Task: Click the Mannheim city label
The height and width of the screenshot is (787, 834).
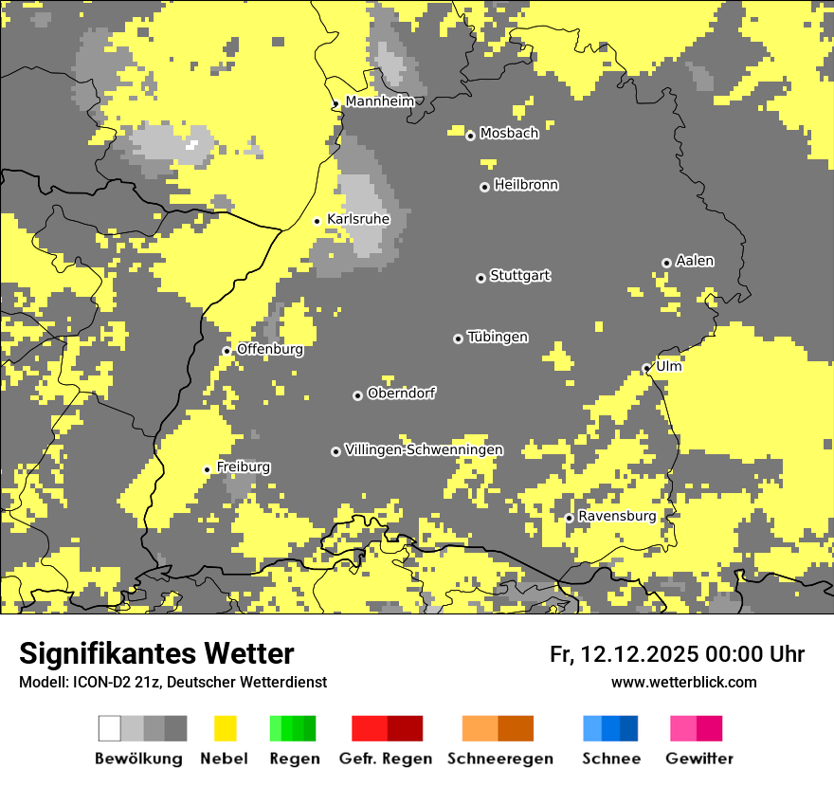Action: pyautogui.click(x=379, y=101)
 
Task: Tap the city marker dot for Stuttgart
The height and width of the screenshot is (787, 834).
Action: pyautogui.click(x=480, y=278)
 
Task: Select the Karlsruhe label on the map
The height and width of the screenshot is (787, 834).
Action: pyautogui.click(x=358, y=219)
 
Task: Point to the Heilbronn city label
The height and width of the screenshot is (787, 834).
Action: pyautogui.click(x=526, y=185)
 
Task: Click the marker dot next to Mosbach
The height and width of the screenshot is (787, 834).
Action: pyautogui.click(x=470, y=136)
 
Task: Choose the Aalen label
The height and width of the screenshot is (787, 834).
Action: pyautogui.click(x=695, y=261)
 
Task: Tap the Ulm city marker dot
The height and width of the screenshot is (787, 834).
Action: pyautogui.click(x=646, y=368)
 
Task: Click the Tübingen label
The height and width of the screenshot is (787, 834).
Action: pyautogui.click(x=498, y=337)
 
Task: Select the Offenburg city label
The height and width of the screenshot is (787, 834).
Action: pyautogui.click(x=270, y=349)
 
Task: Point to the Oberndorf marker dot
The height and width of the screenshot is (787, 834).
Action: pyautogui.click(x=357, y=395)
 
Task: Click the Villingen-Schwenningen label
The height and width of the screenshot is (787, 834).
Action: pyautogui.click(x=425, y=449)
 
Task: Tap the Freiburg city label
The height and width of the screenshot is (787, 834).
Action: pyautogui.click(x=244, y=467)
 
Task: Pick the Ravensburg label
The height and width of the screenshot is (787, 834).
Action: pyautogui.click(x=617, y=516)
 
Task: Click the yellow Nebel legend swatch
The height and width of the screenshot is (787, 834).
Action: pyautogui.click(x=226, y=728)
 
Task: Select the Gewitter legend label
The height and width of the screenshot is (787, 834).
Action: pyautogui.click(x=699, y=759)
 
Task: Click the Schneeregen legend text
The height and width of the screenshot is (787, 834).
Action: pyautogui.click(x=499, y=759)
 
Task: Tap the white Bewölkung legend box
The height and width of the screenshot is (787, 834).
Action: pyautogui.click(x=110, y=728)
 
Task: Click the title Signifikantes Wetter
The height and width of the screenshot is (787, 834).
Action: pyautogui.click(x=156, y=653)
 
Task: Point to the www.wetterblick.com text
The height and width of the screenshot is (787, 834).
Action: pyautogui.click(x=683, y=682)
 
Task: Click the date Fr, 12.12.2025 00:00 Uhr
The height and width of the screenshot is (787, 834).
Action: pyautogui.click(x=677, y=654)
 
